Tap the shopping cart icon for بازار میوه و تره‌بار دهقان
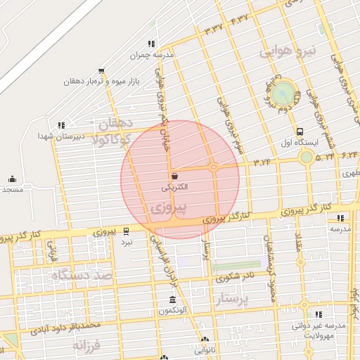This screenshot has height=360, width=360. tap(102, 70)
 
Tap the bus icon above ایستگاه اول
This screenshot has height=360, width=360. tap(300, 131)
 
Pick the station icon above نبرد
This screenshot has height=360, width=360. tap(127, 230)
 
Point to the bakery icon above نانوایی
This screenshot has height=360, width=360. tap(204, 340)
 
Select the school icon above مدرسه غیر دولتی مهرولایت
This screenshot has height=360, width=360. tap(319, 314)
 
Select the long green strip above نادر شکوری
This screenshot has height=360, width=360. tap(235, 267)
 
